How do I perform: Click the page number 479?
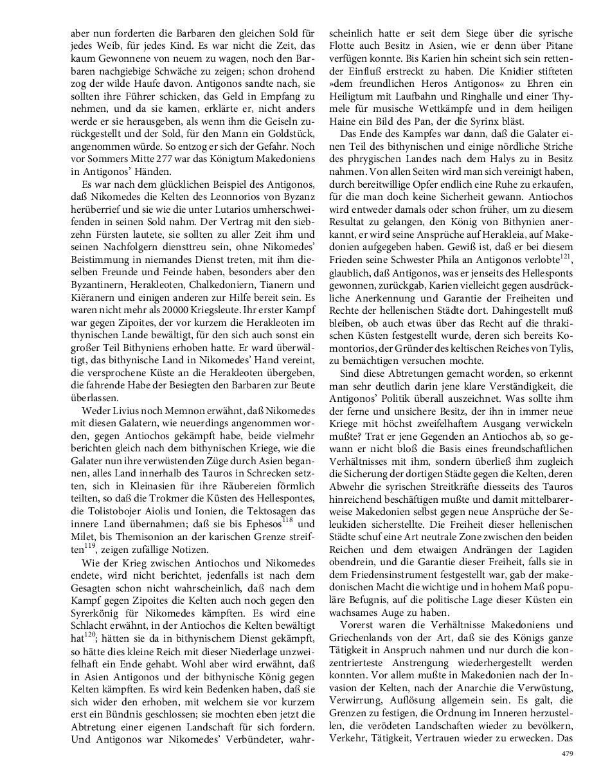coord(566,754)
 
